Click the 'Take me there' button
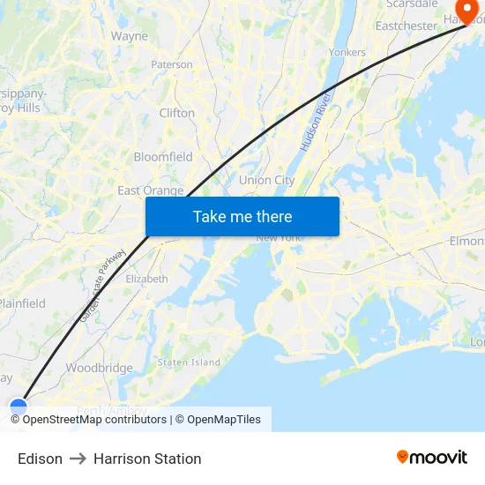point(242,216)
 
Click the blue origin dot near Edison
point(19,407)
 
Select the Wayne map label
point(130,36)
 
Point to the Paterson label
point(172,64)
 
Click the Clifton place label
point(177,113)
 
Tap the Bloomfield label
point(163,157)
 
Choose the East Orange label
point(151,190)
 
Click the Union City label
point(266,180)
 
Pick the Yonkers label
point(347,53)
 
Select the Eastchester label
point(406,26)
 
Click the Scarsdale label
point(412,4)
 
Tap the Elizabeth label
point(146,279)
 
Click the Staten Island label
point(189,362)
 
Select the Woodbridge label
point(99,368)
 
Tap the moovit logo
point(432,458)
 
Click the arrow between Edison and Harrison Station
point(78,459)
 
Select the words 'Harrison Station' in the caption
point(147,459)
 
